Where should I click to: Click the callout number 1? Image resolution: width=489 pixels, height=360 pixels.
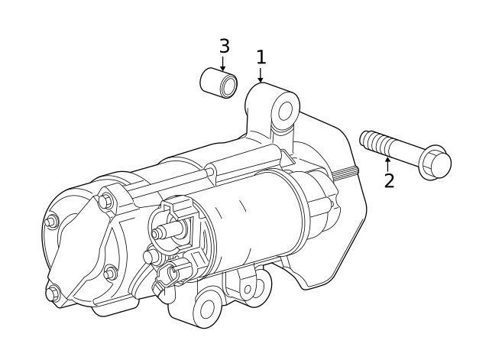261,57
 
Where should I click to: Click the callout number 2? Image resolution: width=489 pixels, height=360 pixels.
389,181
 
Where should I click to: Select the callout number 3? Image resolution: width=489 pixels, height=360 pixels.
224,47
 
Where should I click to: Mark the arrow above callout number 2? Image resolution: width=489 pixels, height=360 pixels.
388,162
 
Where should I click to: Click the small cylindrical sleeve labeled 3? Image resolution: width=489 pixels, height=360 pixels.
218,82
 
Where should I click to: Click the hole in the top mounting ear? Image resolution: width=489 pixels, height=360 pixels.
285,111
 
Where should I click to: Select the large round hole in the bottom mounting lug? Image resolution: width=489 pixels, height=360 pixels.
206,310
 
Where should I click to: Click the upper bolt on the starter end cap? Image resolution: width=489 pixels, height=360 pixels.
105,202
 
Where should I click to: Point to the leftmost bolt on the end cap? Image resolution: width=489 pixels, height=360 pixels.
51,222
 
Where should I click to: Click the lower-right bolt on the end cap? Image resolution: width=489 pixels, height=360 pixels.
110,273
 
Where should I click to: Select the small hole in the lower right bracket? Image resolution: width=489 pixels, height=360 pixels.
246,290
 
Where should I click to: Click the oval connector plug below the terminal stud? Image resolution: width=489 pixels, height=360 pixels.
173,271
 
